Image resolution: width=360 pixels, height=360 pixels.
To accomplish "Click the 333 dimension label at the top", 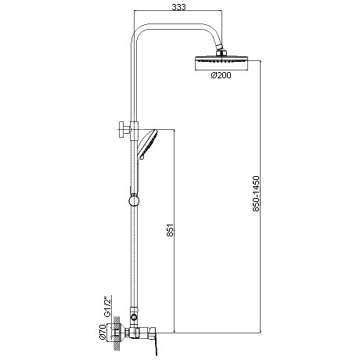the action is (178, 7).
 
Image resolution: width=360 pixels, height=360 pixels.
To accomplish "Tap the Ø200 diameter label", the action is (221, 75).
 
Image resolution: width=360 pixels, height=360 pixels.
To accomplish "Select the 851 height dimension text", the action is (170, 230).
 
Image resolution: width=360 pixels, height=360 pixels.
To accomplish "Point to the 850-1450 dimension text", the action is (257, 193).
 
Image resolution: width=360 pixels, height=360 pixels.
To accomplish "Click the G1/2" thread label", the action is (108, 307).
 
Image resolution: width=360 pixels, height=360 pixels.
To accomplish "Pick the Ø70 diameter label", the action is (103, 332).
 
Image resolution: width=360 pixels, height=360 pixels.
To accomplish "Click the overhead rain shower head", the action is (221, 63).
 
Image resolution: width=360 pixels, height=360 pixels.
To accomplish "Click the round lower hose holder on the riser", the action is (134, 200).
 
